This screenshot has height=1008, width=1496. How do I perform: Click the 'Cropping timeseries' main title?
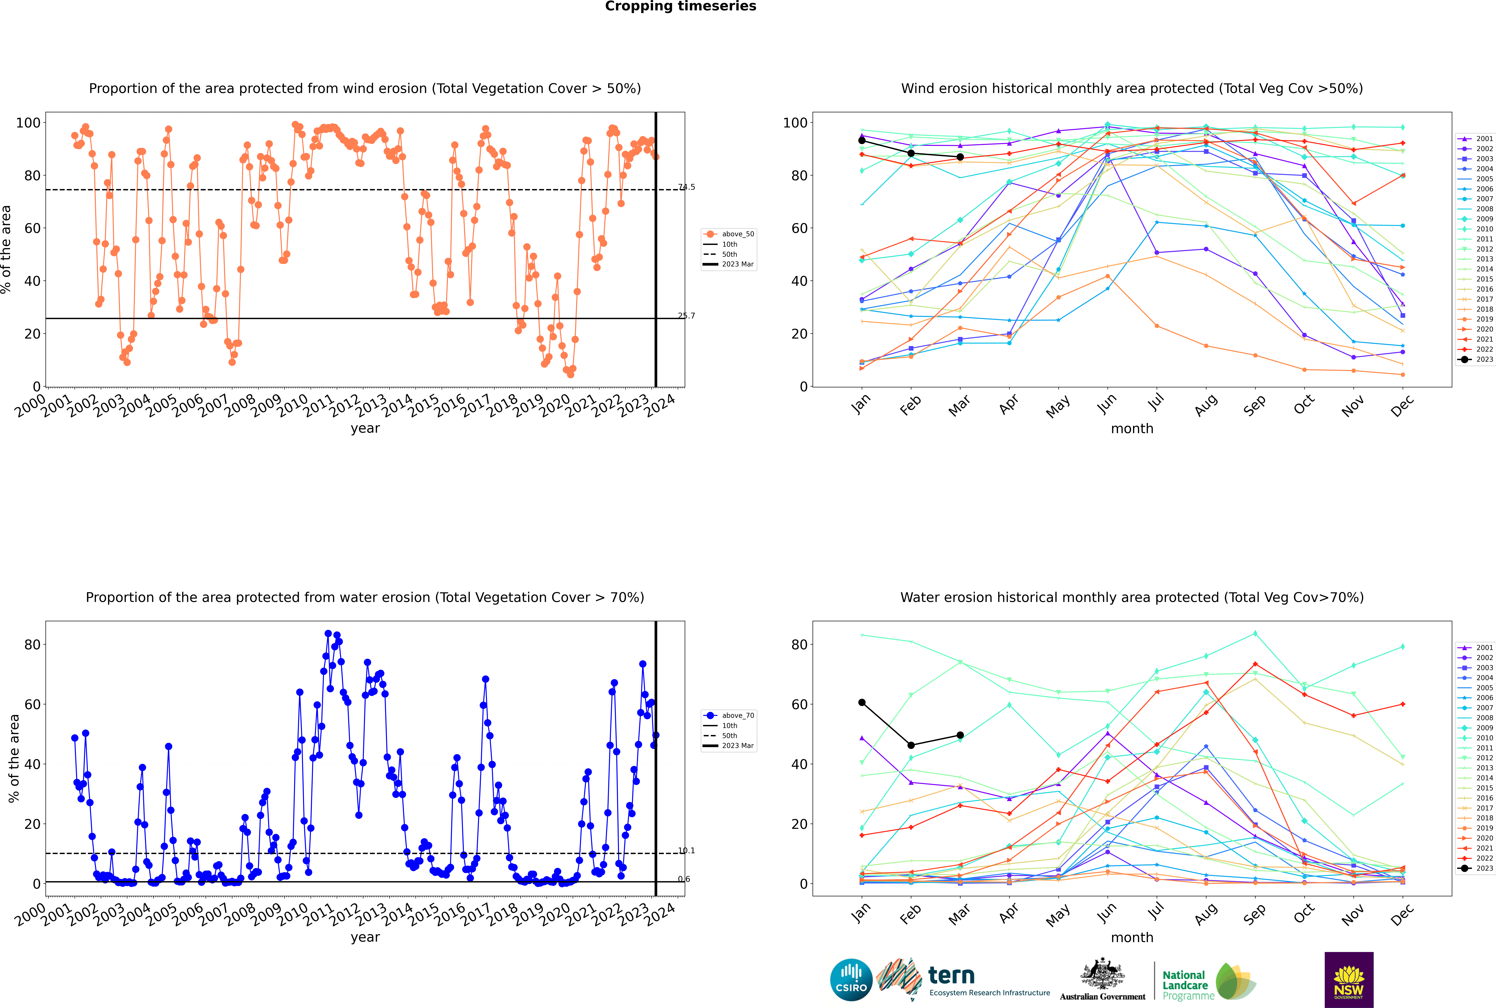pyautogui.click(x=680, y=6)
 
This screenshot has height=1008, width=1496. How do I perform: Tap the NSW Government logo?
pyautogui.click(x=1349, y=979)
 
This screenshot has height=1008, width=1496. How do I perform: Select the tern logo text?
pyautogui.click(x=951, y=976)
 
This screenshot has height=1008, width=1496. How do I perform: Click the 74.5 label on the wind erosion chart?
pyautogui.click(x=686, y=187)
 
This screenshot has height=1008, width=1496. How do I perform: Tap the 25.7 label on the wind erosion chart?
pyautogui.click(x=686, y=316)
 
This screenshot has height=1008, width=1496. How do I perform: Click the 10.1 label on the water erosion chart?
pyautogui.click(x=686, y=851)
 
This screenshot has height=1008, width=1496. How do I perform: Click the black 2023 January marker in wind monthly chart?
pyautogui.click(x=862, y=140)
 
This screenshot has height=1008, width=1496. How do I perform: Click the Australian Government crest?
pyautogui.click(x=1102, y=974)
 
